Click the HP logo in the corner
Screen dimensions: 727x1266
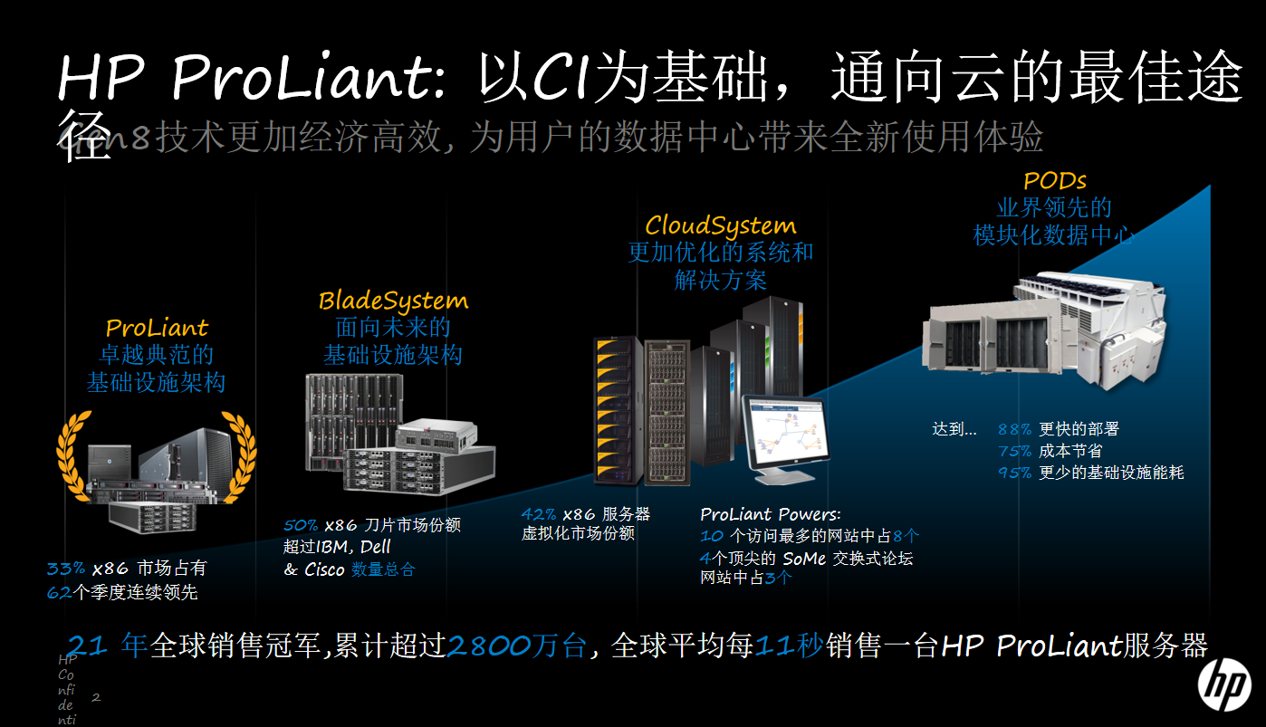(1224, 684)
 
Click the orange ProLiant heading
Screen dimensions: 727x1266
(157, 328)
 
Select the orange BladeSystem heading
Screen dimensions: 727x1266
(393, 301)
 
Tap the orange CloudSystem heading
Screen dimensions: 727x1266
(720, 225)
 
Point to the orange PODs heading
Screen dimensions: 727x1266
(1055, 180)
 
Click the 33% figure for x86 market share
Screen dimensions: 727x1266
(65, 569)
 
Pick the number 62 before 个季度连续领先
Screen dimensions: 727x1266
(58, 593)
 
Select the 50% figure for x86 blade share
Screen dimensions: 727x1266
(301, 525)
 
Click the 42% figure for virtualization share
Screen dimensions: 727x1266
(539, 514)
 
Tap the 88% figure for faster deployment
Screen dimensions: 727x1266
(1014, 429)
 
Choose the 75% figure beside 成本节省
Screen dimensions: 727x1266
(1014, 451)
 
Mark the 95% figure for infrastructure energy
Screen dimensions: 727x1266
(1014, 473)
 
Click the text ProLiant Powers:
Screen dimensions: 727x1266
(770, 514)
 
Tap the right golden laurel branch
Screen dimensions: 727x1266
(238, 457)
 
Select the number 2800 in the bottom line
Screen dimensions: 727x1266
(489, 646)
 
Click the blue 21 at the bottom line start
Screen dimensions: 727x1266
(90, 646)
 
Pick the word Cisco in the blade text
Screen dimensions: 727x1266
(324, 569)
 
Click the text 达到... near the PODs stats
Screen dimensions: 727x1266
(954, 429)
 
